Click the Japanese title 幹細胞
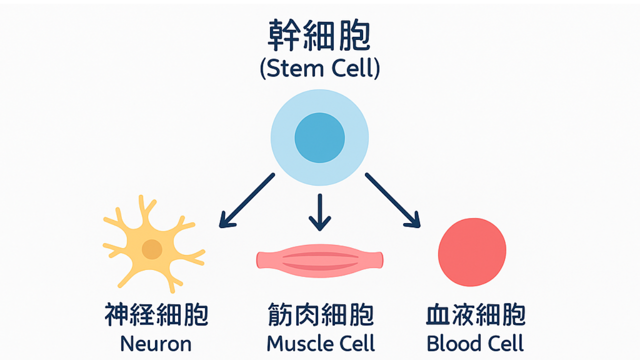(319, 35)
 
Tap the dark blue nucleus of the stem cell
(319, 137)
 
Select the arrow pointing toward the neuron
(247, 200)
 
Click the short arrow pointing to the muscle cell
(320, 212)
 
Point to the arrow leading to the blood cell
(393, 200)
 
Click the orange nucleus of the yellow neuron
(152, 249)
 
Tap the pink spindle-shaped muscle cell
(319, 260)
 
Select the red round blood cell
(472, 252)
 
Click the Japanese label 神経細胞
(156, 315)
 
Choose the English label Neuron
(155, 343)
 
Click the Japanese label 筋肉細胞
(320, 315)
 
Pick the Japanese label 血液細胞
(475, 315)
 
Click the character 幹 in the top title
(284, 35)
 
